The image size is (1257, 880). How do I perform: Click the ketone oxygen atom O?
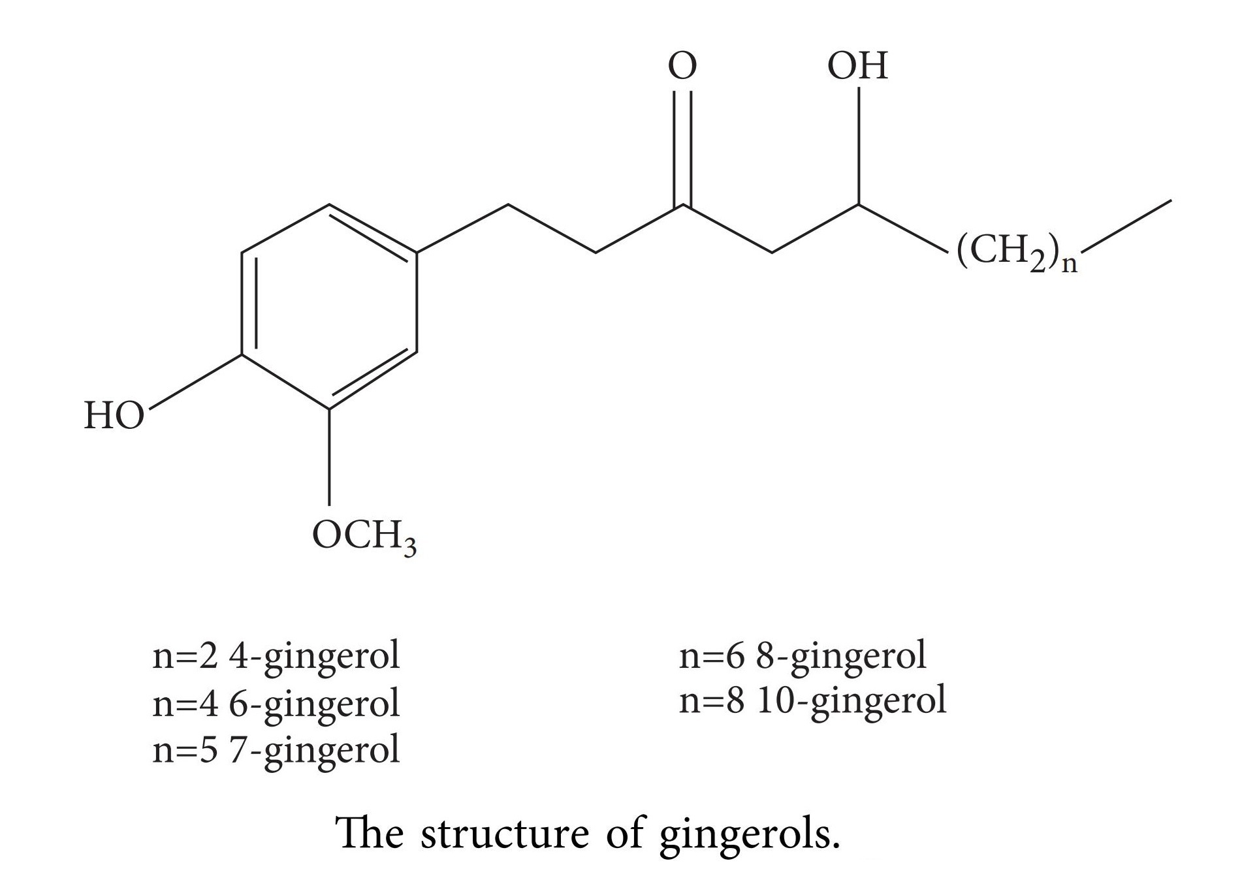682,66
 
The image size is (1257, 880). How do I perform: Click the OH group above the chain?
857,66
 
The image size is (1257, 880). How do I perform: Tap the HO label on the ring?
114,416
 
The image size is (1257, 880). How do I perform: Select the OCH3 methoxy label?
364,537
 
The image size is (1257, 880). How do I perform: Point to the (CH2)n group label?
1016,252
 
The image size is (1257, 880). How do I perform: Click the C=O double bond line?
682,147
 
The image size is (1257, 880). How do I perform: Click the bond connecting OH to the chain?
858,145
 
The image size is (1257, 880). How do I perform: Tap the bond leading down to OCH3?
328,457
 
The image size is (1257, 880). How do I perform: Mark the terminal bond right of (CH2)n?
1126,225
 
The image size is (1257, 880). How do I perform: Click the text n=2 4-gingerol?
276,655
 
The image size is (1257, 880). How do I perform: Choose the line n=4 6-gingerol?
276,702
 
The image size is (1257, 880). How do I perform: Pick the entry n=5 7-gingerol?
276,749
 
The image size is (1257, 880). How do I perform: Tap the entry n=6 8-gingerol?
803,655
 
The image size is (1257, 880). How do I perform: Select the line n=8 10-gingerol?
812,700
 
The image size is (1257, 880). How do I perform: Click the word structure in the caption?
505,834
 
